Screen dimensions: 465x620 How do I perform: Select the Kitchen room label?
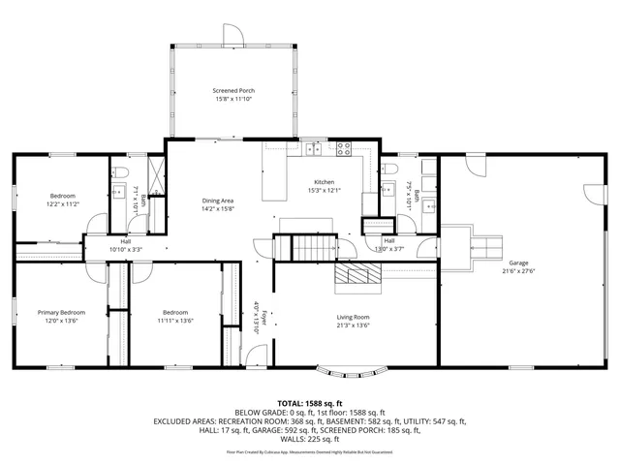324,182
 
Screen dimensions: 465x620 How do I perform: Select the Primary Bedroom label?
62,312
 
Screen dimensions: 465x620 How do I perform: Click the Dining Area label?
218,201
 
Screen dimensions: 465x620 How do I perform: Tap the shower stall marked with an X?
139,168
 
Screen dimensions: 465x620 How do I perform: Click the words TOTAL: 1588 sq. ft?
309,402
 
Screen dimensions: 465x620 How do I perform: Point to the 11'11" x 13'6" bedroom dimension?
175,321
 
